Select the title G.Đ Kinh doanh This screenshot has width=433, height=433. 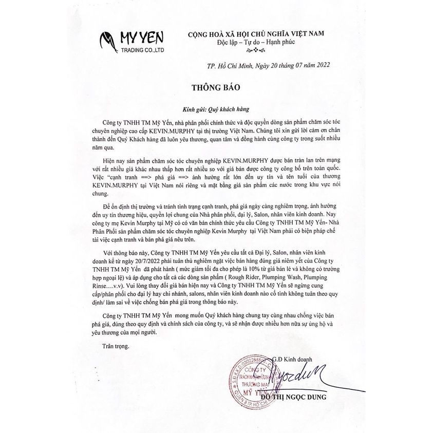(x=294, y=357)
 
